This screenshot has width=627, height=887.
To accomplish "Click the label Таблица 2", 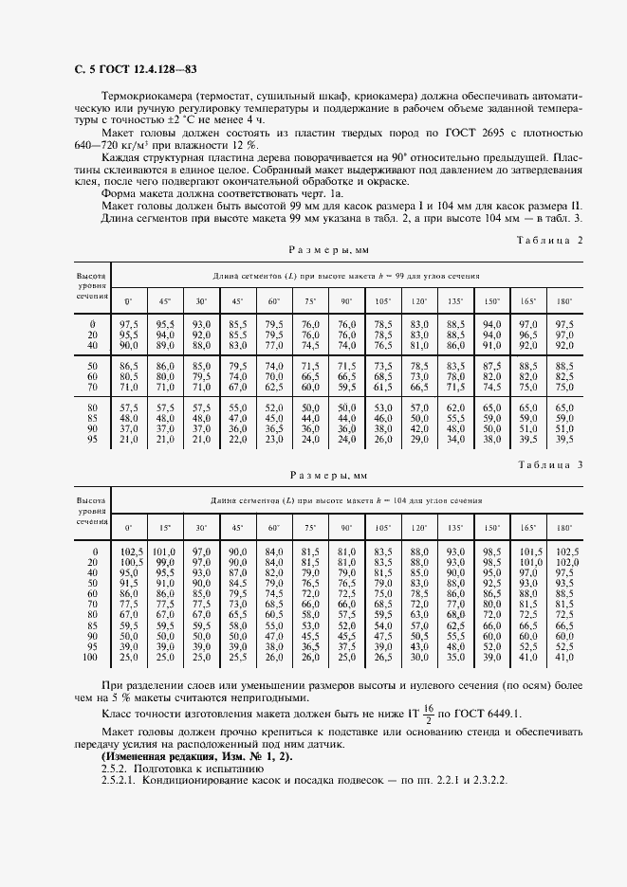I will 547,241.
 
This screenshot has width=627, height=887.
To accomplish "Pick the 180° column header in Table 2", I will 563,300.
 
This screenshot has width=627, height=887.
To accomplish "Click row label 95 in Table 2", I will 93,439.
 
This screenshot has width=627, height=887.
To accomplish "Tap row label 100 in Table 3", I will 91,657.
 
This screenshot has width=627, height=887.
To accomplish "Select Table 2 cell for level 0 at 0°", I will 129,324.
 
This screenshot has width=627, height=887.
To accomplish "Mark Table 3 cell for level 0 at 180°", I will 563,551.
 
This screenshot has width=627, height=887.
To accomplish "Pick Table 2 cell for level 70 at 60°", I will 274,387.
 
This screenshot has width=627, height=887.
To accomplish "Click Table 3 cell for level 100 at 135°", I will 455,657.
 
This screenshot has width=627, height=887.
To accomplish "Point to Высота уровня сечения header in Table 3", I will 92,509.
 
